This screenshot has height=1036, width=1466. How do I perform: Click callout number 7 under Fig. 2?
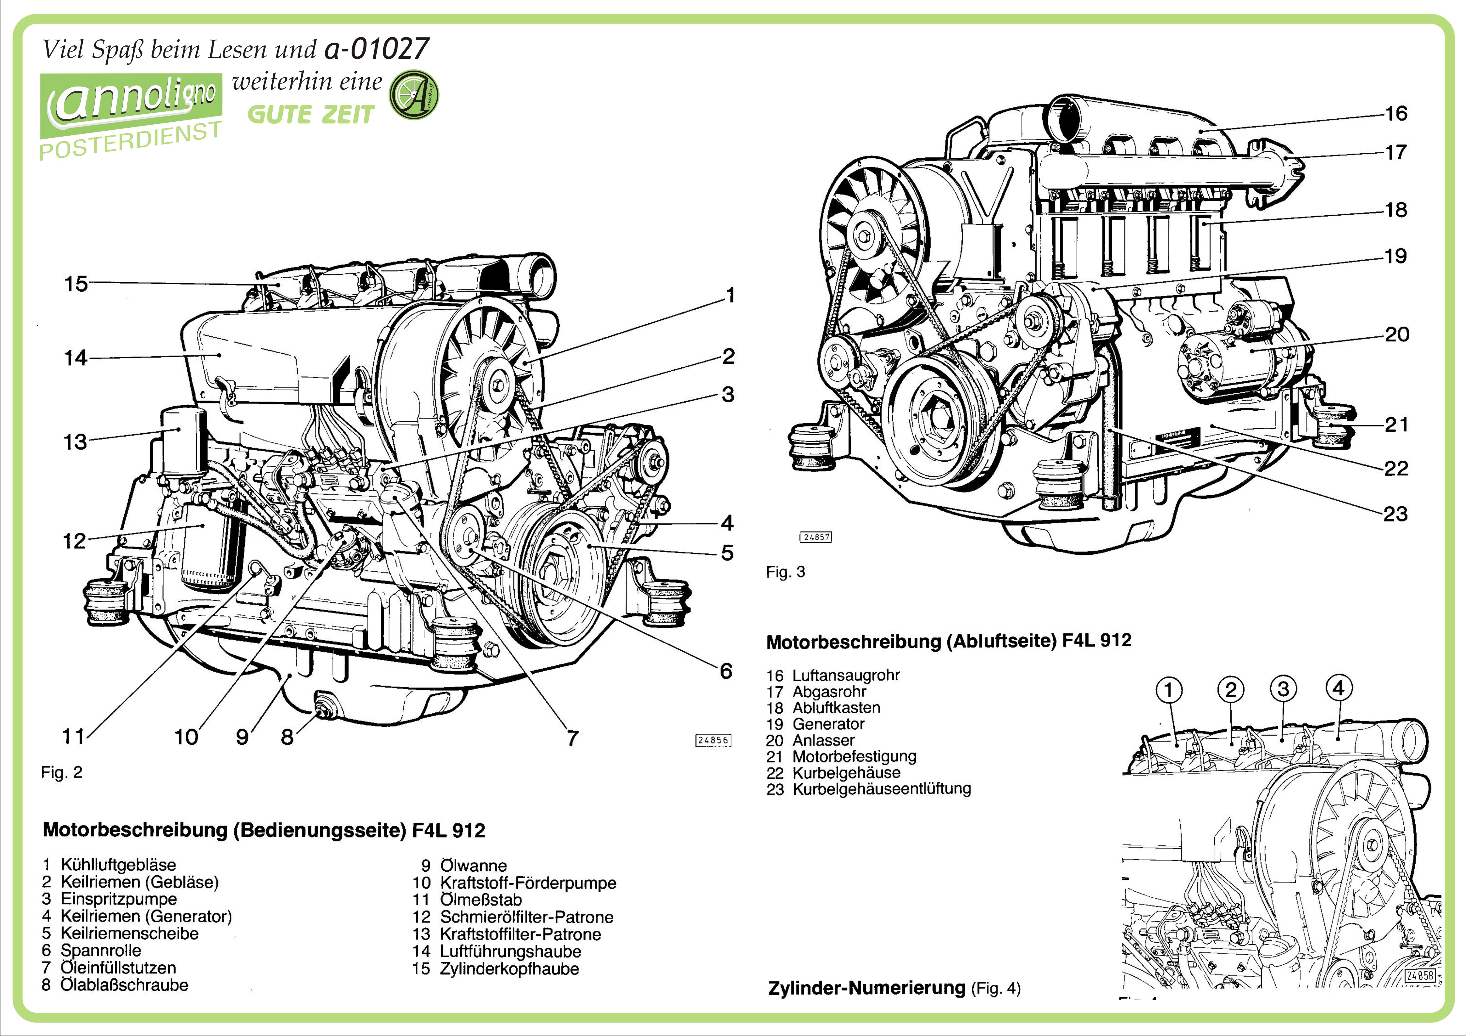tap(573, 738)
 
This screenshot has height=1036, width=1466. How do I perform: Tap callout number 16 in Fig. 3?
tap(1396, 114)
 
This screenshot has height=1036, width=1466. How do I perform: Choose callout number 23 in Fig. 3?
tap(1395, 514)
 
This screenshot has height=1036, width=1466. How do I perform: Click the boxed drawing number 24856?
tap(712, 740)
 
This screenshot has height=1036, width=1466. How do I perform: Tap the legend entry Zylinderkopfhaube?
tap(509, 968)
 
